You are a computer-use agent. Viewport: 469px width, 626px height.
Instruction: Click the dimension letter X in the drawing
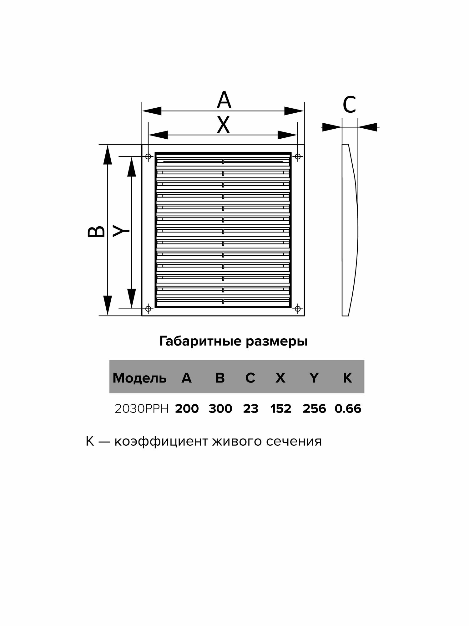click(223, 125)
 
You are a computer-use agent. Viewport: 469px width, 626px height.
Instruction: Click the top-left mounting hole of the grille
click(148, 156)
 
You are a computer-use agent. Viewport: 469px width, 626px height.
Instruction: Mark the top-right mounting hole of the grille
click(298, 156)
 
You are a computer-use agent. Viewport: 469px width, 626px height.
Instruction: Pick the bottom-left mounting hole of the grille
click(148, 309)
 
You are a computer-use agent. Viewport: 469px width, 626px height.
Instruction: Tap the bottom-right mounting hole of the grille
click(298, 309)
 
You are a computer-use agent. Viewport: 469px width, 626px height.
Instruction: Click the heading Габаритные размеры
click(234, 341)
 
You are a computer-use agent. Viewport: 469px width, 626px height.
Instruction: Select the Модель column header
click(139, 378)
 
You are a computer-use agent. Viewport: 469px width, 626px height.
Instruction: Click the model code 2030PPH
click(142, 409)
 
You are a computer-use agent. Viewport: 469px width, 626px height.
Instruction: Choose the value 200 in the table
click(187, 409)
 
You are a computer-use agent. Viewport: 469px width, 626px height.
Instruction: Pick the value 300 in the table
click(220, 409)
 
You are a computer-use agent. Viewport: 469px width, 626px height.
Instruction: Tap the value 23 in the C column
click(251, 409)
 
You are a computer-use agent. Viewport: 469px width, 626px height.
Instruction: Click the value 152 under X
click(281, 409)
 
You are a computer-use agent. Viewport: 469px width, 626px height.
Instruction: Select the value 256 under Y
click(314, 409)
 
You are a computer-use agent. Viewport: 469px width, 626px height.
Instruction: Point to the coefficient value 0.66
click(348, 409)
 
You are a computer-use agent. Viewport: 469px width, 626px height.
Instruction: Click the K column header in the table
click(347, 378)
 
